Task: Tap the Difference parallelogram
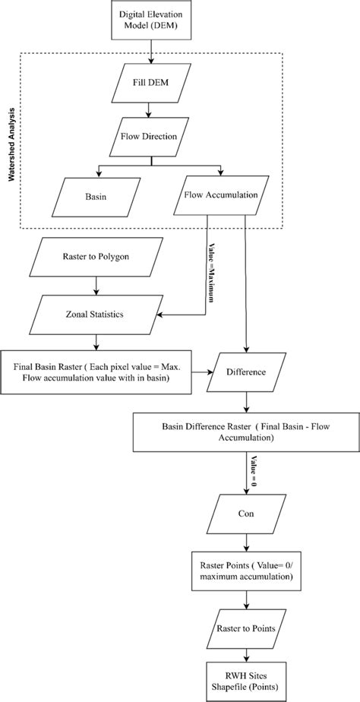[245, 373]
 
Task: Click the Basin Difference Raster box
[245, 432]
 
